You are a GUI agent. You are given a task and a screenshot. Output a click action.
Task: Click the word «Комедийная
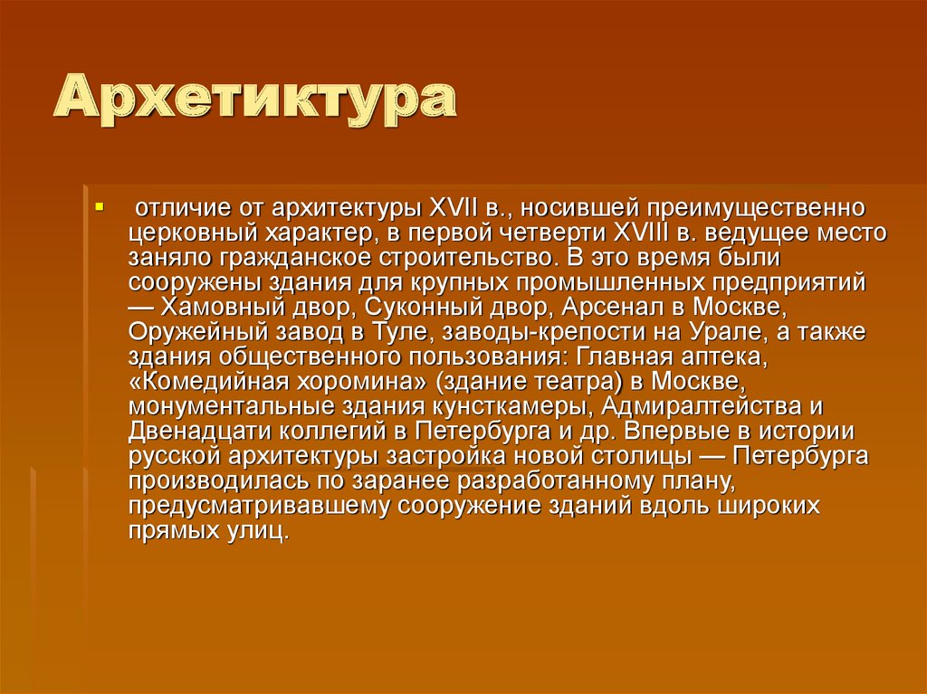203,379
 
